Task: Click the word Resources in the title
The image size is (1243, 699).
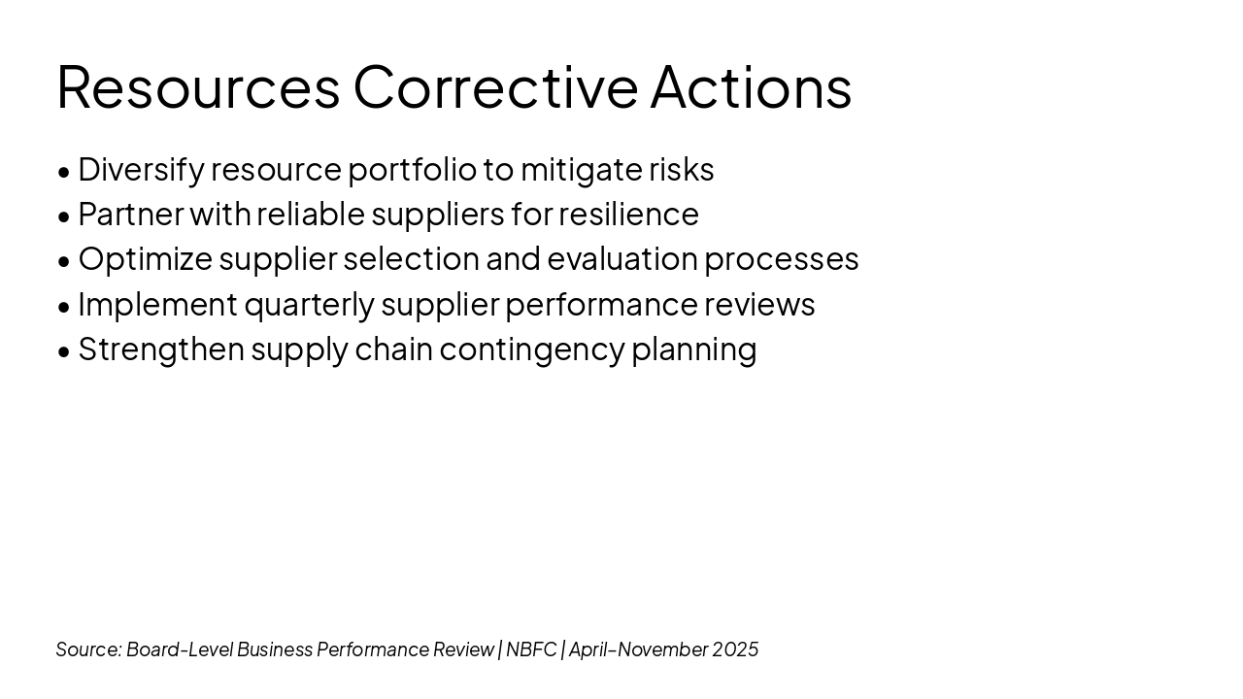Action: [x=198, y=86]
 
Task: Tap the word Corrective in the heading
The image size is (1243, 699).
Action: [x=495, y=86]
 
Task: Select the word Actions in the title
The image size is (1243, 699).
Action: [x=751, y=86]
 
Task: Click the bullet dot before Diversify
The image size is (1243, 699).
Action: [x=64, y=172]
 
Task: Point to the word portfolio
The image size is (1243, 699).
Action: [x=413, y=170]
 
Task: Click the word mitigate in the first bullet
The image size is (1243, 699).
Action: [x=582, y=170]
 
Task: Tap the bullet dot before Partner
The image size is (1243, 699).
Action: [x=64, y=216]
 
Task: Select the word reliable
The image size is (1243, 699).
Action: [x=311, y=215]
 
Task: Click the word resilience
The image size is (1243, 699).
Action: [x=628, y=215]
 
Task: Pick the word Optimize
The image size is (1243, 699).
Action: [x=146, y=259]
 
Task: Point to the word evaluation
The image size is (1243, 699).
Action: [x=622, y=259]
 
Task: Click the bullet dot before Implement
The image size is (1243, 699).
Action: [x=64, y=307]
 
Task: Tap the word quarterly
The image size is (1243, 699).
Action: [x=310, y=305]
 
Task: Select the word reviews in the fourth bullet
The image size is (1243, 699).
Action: [x=759, y=305]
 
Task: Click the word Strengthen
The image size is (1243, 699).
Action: [x=161, y=349]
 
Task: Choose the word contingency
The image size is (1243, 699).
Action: [x=533, y=349]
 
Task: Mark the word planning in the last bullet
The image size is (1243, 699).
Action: [x=694, y=349]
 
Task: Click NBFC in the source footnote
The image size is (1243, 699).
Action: [x=531, y=649]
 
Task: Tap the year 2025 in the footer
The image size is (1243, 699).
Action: [x=735, y=649]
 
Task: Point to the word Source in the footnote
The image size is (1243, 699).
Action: [x=88, y=649]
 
